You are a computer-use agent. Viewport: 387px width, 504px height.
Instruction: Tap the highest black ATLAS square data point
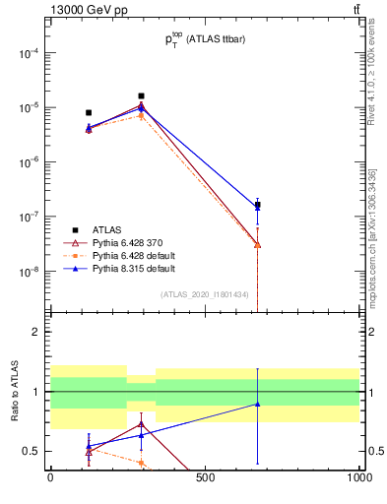click(142, 96)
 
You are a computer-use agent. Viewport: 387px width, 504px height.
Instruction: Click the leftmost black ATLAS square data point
click(89, 113)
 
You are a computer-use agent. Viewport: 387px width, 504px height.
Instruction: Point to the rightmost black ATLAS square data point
click(258, 205)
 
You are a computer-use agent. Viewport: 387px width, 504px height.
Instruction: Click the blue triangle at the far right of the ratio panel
click(258, 404)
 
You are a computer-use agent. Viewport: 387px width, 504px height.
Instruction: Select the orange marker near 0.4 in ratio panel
click(142, 463)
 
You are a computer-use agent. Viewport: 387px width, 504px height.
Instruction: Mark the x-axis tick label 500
click(205, 479)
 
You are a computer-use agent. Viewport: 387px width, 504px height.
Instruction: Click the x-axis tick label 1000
click(359, 479)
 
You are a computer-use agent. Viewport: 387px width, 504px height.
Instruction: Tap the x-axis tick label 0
click(50, 479)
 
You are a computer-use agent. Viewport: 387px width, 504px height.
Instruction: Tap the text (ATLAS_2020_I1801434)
click(205, 294)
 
